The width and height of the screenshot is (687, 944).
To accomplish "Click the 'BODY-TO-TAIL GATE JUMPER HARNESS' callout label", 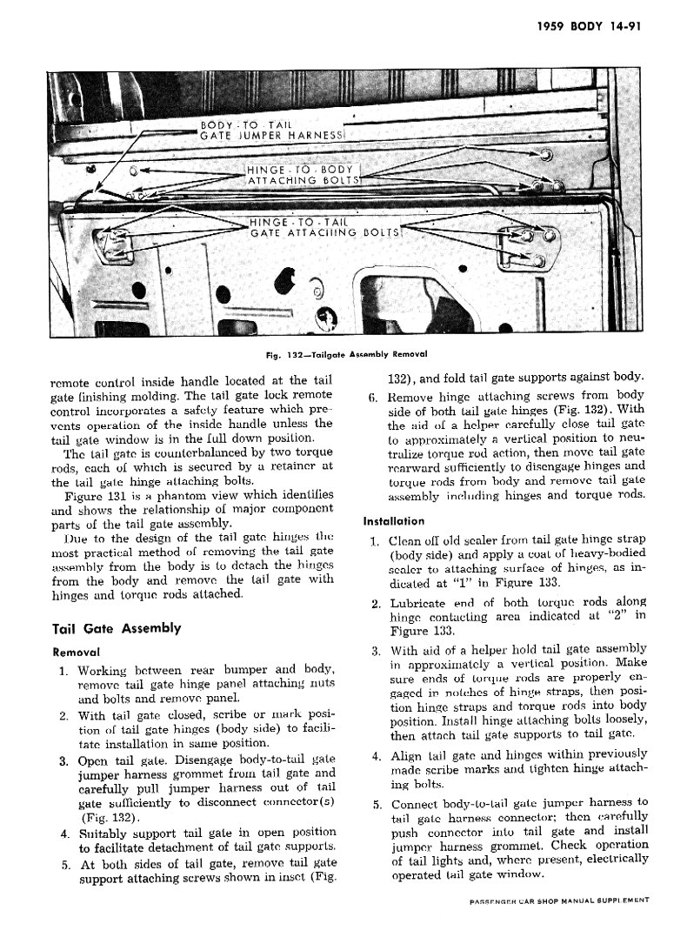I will click(273, 131).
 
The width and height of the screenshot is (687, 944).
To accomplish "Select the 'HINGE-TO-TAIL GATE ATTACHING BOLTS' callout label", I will click(323, 227).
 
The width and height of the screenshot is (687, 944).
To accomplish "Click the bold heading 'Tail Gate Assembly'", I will click(117, 628).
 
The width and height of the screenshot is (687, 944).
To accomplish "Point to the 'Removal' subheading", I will click(77, 651).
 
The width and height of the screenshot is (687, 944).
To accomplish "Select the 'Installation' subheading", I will click(393, 521).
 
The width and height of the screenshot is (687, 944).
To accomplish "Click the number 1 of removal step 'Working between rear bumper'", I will click(63, 671).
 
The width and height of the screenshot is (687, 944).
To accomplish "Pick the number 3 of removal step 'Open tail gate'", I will click(63, 761).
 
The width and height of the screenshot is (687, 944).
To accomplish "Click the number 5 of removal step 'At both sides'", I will click(64, 865).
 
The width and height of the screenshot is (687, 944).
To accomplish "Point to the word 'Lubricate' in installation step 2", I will click(419, 602).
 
